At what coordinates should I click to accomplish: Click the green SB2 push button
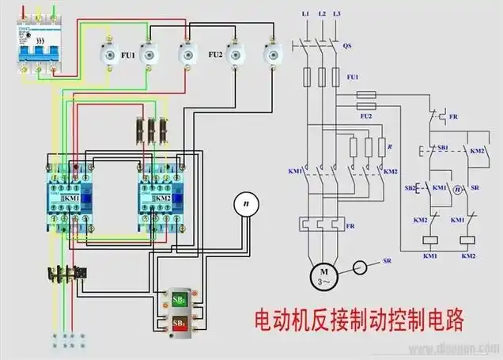tap(180, 299)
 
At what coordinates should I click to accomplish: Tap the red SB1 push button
tap(180, 324)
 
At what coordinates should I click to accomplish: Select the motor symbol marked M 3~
tap(324, 277)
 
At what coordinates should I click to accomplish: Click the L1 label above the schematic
tap(305, 15)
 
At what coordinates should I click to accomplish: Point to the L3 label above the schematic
tap(338, 15)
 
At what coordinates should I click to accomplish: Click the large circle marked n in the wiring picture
tap(246, 204)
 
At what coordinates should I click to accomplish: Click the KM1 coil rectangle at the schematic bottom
tap(431, 238)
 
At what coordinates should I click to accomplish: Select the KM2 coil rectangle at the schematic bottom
tap(467, 238)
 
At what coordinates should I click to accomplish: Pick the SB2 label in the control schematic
tap(410, 188)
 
